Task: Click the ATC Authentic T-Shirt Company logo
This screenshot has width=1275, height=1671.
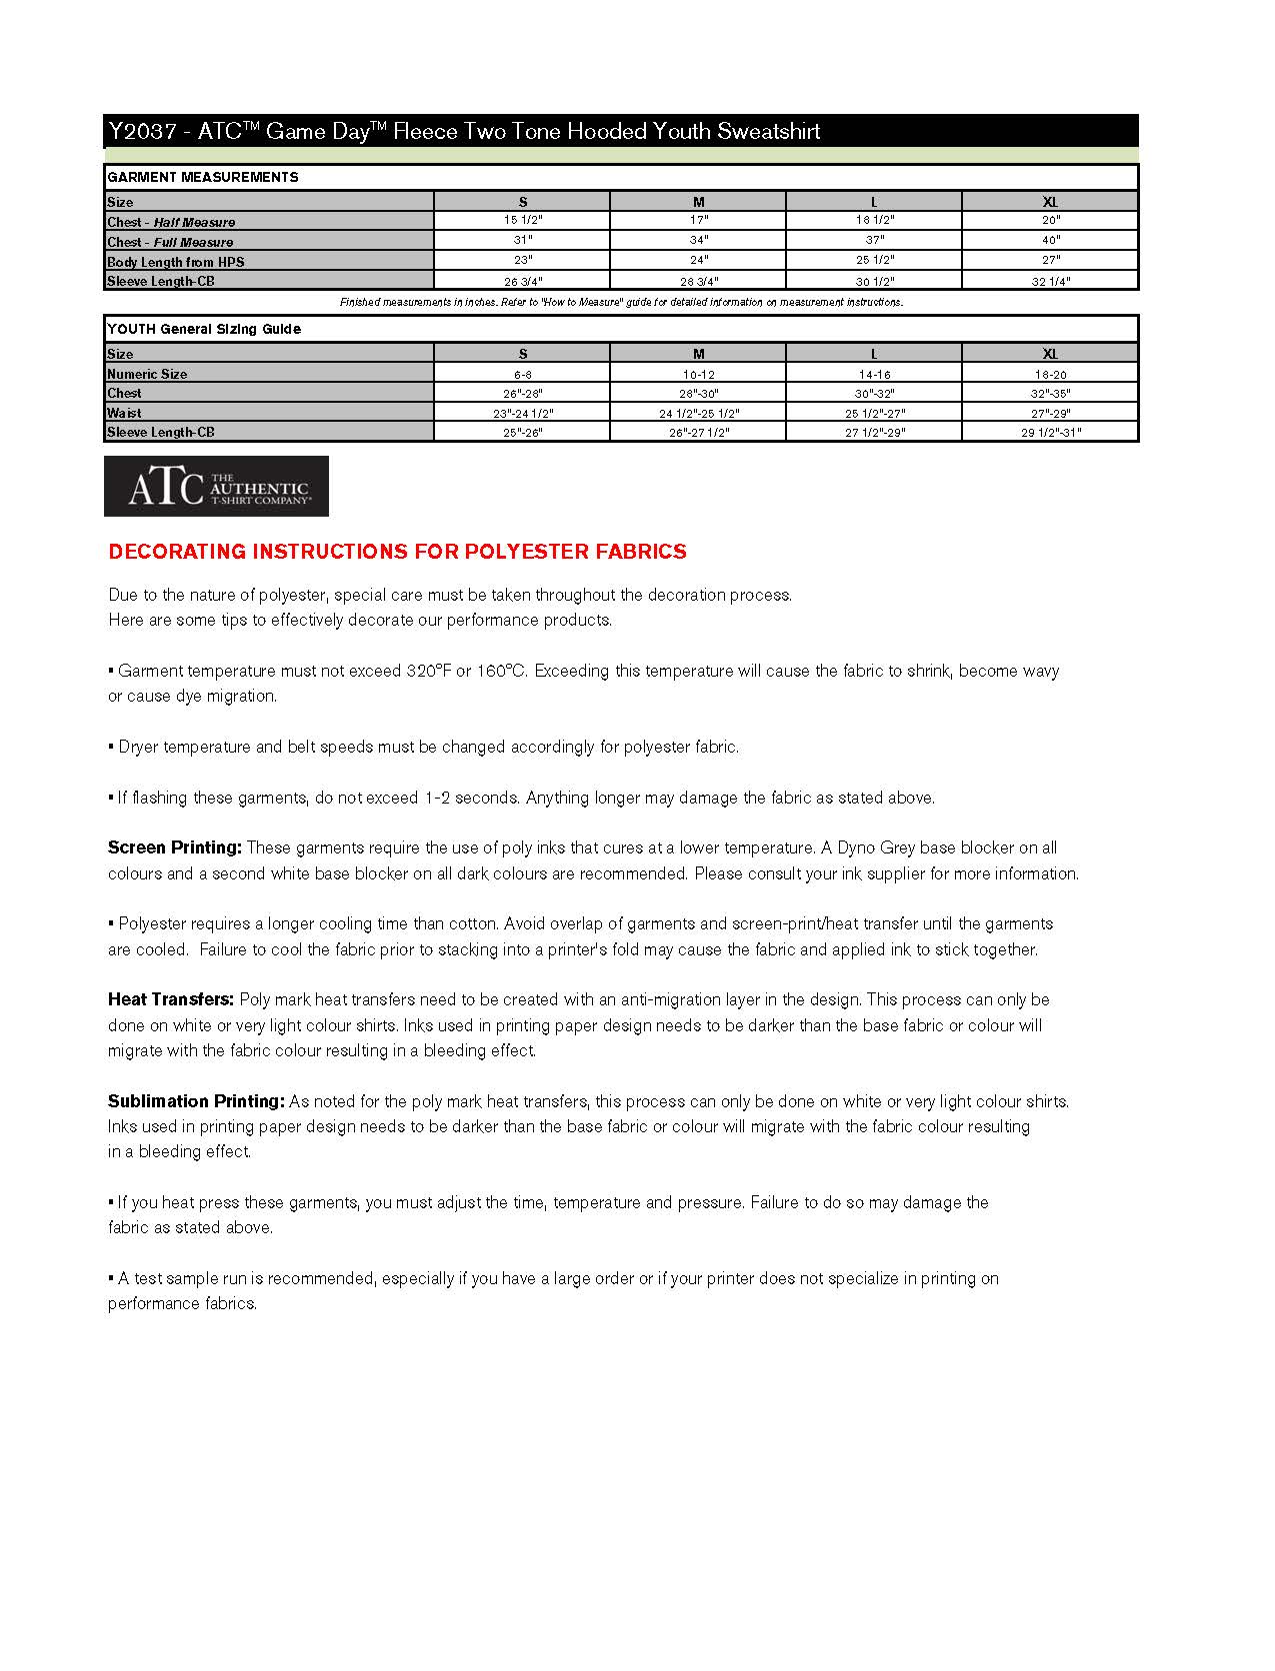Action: [216, 487]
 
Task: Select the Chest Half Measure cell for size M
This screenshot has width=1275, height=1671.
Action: [698, 220]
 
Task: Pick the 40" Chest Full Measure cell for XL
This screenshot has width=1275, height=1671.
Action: [1050, 240]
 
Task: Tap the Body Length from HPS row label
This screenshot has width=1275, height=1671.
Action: [176, 262]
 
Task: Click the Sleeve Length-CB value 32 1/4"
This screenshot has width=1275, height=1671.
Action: [1050, 282]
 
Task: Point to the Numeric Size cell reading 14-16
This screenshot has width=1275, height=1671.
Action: [874, 374]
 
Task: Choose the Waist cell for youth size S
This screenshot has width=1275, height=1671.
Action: [522, 413]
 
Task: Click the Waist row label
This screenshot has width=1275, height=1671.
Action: [124, 413]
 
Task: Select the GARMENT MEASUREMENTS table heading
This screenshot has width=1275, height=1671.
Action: [203, 177]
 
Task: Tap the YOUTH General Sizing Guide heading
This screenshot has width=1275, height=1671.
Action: [204, 329]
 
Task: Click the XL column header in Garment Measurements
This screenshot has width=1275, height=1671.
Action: [1050, 202]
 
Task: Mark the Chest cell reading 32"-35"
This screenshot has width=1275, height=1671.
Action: [1050, 394]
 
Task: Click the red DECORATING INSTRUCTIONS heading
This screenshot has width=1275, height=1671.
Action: [397, 552]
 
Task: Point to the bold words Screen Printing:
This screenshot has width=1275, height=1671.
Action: [175, 847]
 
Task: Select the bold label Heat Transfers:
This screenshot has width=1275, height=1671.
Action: [171, 999]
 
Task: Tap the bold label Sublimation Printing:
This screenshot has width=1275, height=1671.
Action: [197, 1101]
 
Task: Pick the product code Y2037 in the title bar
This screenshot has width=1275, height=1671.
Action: [143, 131]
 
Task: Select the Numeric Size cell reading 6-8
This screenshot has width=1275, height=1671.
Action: [522, 374]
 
